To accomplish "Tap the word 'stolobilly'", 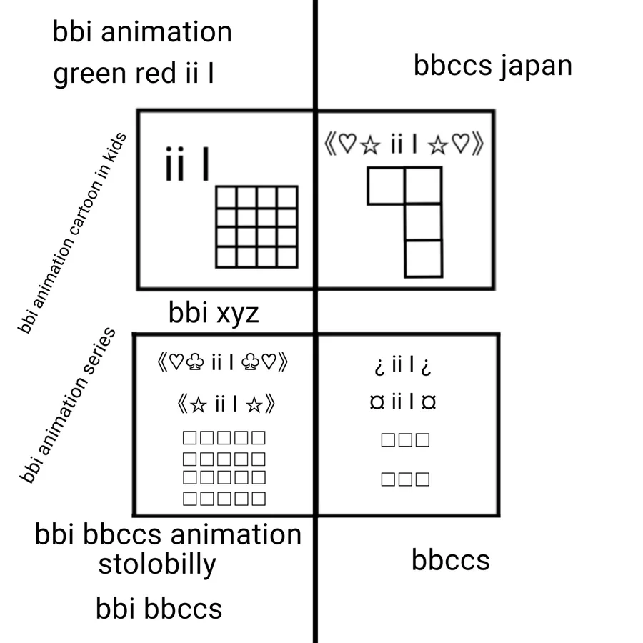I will pos(157,564).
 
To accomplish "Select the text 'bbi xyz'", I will pos(214,313).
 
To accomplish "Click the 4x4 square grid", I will pos(256,227).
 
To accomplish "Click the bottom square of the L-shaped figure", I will pos(423,259).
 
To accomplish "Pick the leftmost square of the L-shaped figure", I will pos(386,186).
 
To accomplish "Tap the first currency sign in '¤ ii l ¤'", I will pos(377,403).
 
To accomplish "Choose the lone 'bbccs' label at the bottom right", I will pos(450,560).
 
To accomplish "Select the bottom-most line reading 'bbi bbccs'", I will pos(159,609).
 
